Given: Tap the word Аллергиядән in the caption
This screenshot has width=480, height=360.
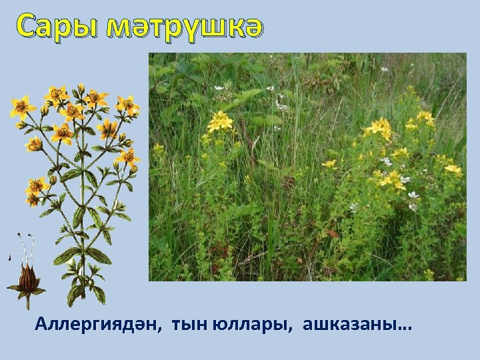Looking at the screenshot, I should (99, 325).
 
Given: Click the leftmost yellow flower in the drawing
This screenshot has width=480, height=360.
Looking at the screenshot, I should (22, 107).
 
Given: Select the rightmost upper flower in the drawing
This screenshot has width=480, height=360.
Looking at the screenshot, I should (127, 105).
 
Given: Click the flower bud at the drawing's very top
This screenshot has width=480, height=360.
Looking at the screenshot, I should (81, 87).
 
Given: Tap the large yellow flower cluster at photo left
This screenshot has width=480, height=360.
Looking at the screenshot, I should (219, 121).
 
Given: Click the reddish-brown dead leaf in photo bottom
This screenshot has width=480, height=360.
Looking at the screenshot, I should (331, 234).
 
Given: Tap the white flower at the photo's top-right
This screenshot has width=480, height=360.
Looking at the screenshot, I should (385, 69).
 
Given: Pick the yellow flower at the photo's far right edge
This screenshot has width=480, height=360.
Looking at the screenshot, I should (453, 169).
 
